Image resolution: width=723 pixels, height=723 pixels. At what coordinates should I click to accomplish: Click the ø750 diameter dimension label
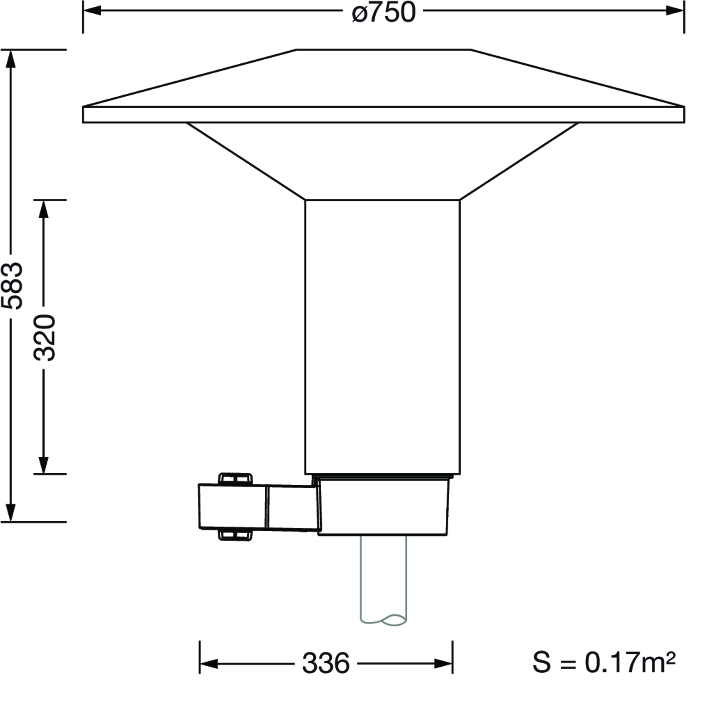(384, 12)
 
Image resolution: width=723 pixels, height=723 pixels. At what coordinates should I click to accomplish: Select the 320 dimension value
(44, 338)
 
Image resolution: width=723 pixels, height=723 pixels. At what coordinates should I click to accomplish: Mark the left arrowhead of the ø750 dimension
(92, 11)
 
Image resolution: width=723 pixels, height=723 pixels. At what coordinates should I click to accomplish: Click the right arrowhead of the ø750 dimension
(675, 11)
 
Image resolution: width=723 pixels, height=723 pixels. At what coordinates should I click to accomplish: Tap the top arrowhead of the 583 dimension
(11, 59)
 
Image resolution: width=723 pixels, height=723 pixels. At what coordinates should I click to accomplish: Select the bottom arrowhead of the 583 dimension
(11, 512)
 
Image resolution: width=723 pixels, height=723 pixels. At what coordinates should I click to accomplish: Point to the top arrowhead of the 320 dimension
(44, 210)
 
